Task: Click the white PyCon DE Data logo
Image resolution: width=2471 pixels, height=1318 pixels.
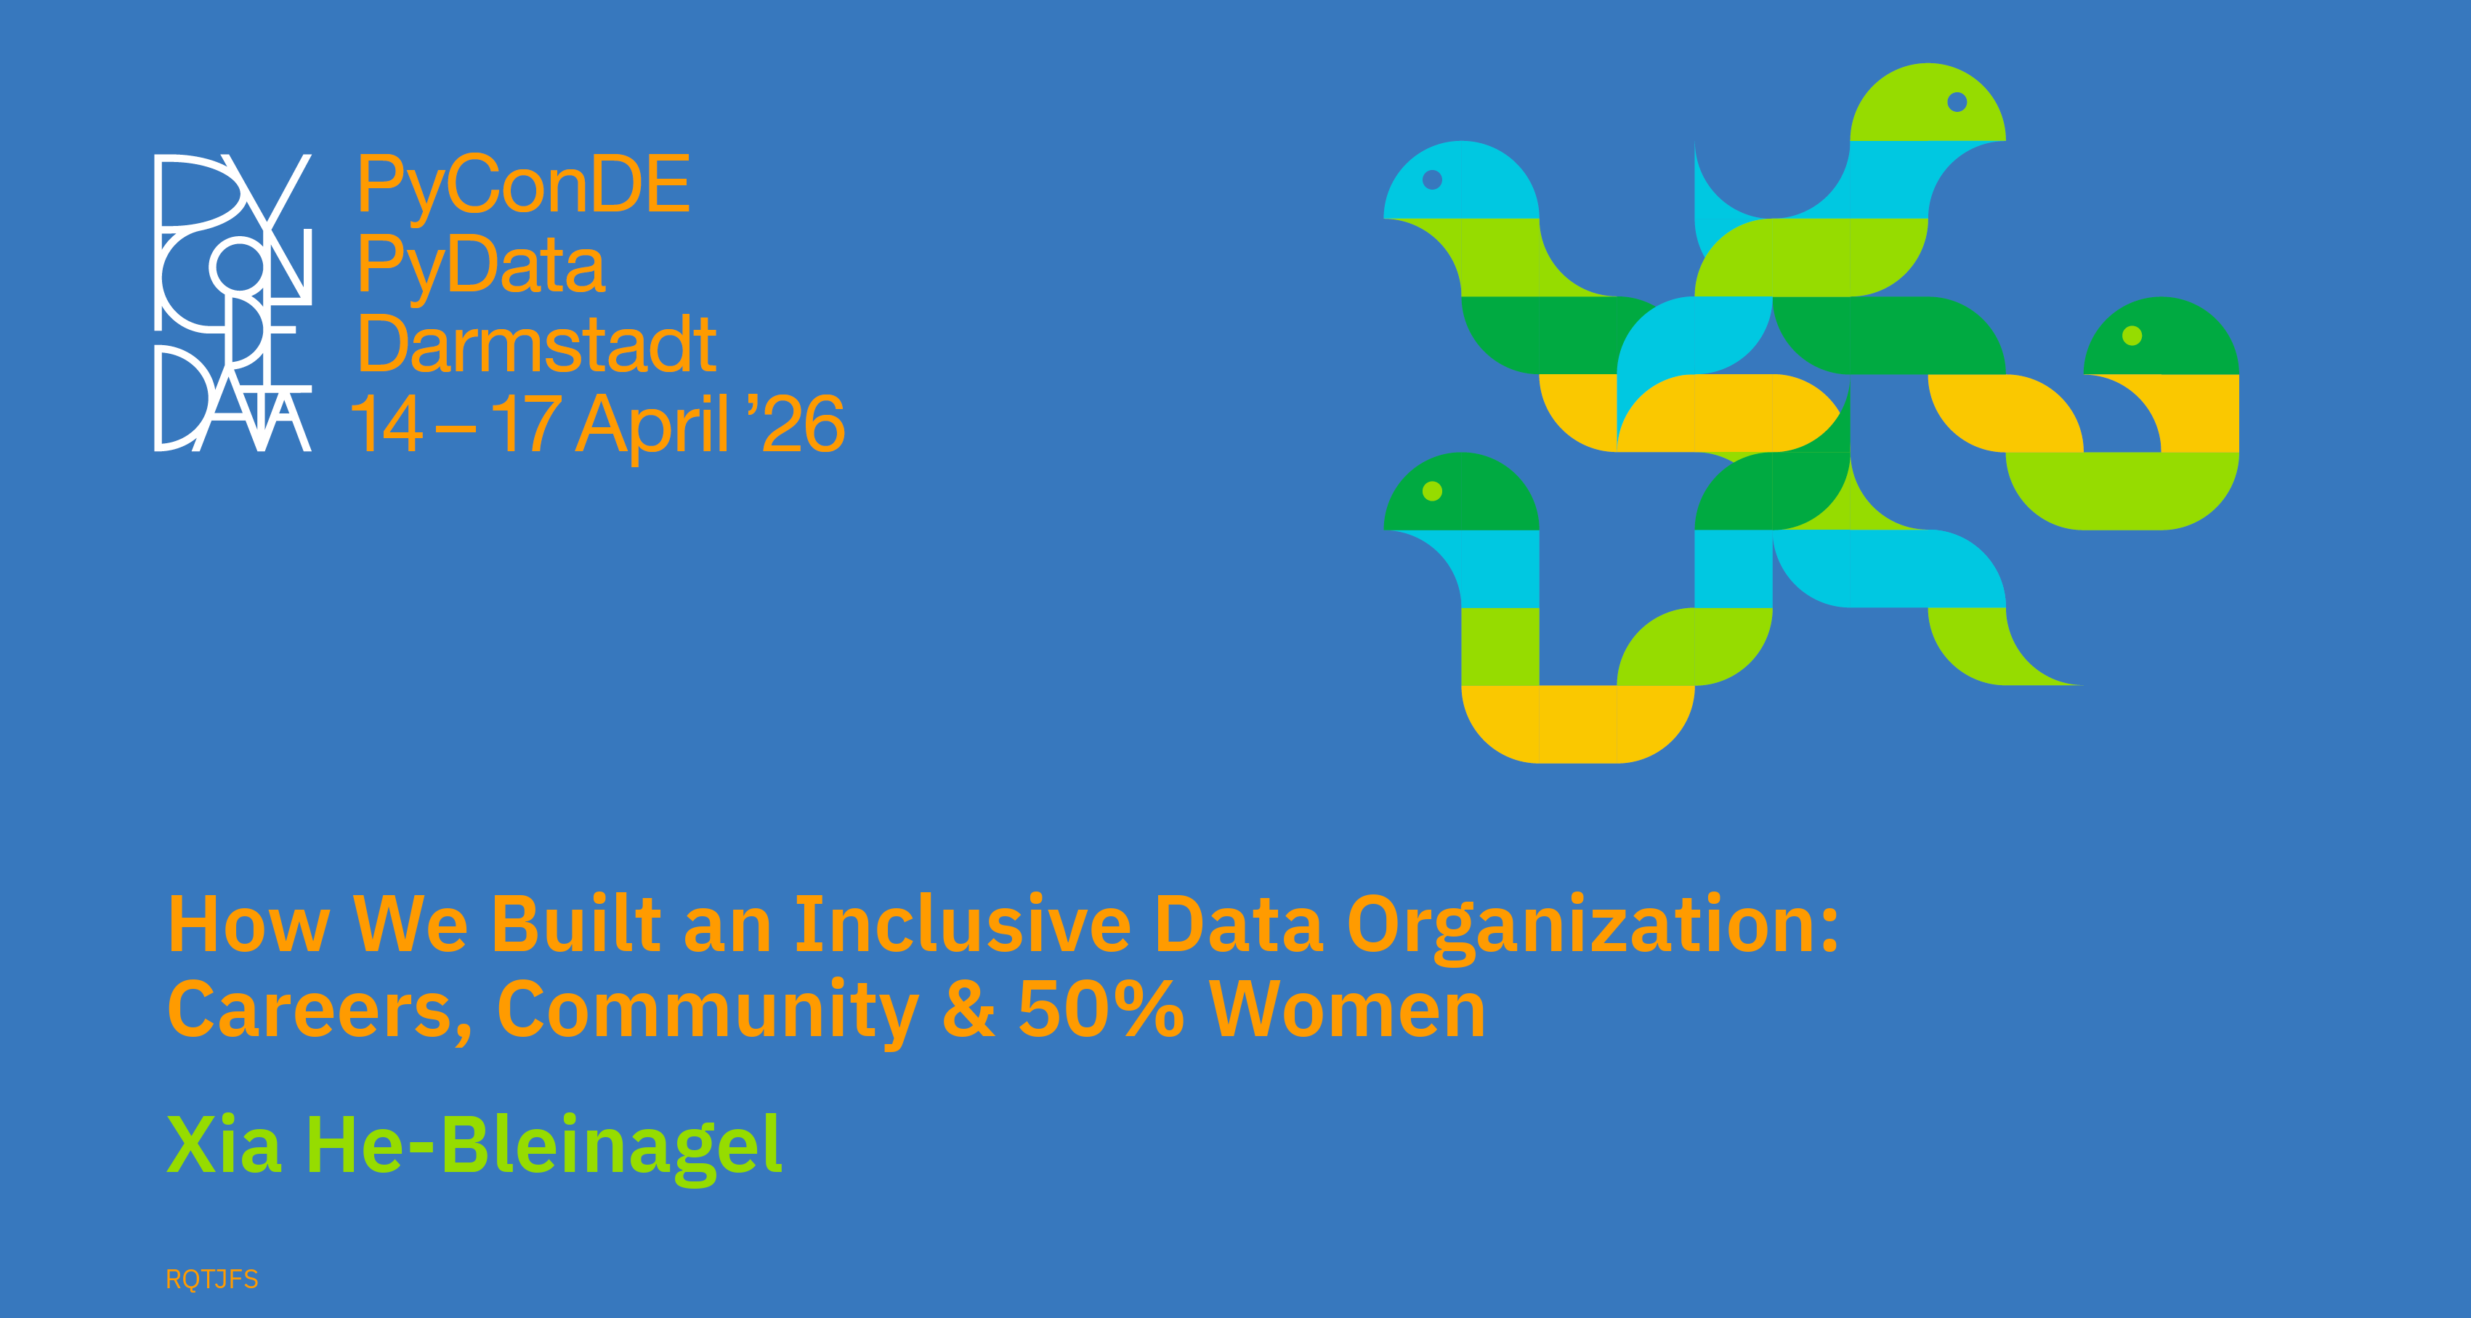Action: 233,302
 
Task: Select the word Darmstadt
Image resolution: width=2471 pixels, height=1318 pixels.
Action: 537,344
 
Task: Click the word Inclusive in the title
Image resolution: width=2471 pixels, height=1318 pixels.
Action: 963,925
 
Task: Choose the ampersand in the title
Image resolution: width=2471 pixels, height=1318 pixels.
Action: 968,1010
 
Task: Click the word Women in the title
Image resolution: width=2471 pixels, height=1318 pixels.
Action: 1348,1010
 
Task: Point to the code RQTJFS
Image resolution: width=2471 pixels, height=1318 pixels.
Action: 212,1279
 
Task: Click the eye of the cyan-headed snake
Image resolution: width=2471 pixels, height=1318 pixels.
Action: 1432,179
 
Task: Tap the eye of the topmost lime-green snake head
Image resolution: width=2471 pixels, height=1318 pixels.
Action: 1958,102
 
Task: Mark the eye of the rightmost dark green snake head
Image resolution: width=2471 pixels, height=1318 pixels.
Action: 2132,336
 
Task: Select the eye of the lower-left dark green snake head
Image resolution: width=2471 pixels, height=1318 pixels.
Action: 1432,491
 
